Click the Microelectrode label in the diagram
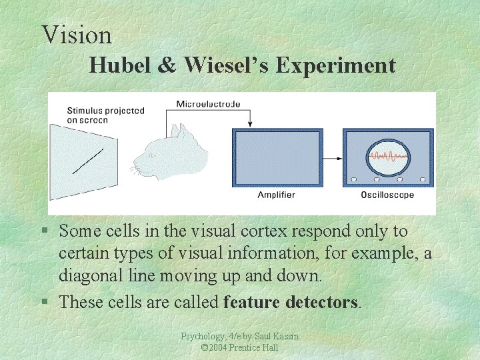(x=208, y=104)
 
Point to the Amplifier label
(x=276, y=195)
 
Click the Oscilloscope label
(x=387, y=195)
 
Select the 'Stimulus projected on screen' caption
(x=105, y=115)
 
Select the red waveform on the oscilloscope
(x=388, y=157)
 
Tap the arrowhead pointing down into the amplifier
(x=250, y=123)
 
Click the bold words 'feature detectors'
(x=291, y=302)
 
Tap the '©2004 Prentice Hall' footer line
(x=239, y=348)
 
